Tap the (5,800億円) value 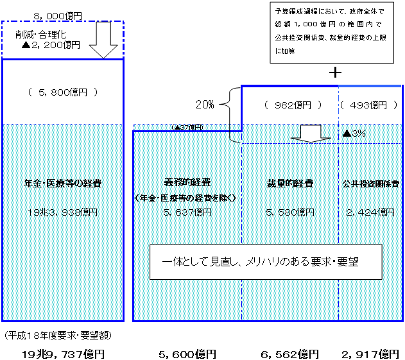click(63, 92)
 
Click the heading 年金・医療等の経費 click(62, 184)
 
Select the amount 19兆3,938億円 click(62, 212)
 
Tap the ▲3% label click(354, 133)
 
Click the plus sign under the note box click(334, 73)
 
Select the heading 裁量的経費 click(290, 184)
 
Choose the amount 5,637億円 click(187, 212)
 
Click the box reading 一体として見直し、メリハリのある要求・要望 click(265, 261)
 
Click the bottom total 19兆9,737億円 click(63, 354)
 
